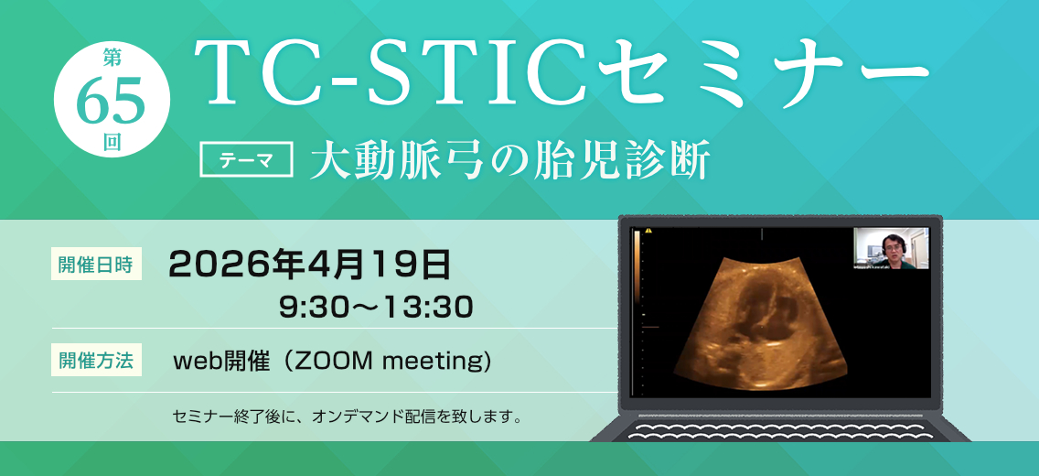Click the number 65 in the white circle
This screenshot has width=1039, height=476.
point(112,101)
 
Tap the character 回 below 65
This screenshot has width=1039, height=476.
point(112,144)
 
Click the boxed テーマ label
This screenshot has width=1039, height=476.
point(247,160)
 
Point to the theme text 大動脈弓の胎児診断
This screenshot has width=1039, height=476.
point(509,160)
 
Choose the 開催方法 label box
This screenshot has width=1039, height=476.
point(96,362)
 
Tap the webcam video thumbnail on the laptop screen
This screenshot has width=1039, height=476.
point(891,248)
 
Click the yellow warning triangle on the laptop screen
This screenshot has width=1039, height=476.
point(648,231)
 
